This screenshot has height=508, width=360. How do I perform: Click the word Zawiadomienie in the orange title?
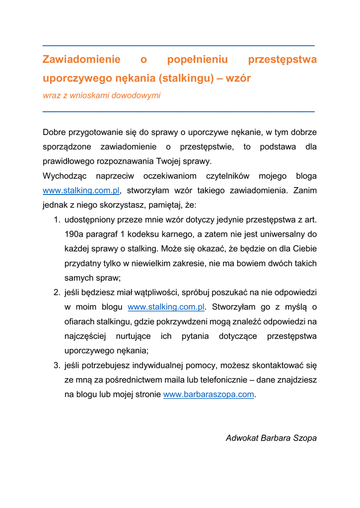tap(81, 60)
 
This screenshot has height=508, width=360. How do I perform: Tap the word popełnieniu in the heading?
tap(197, 60)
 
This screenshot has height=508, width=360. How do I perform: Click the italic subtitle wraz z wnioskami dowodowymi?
tap(101, 95)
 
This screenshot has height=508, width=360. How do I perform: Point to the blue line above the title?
tap(179, 46)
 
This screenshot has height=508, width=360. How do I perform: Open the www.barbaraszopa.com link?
tap(209, 395)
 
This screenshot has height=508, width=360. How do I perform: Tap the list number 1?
tap(57, 219)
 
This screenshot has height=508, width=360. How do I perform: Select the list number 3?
tap(57, 366)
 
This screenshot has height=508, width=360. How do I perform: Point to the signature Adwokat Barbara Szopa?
tap(271, 438)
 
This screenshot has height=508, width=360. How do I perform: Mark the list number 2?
tap(57, 293)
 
